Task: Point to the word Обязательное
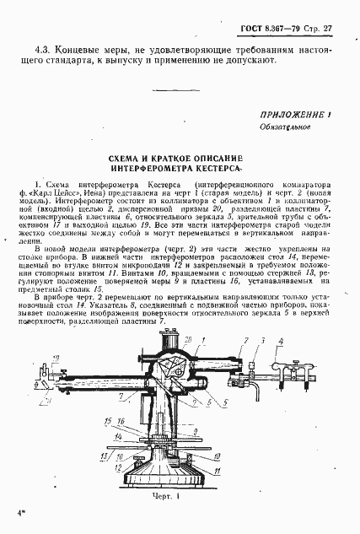pos(284,127)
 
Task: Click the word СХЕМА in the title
pos(126,158)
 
